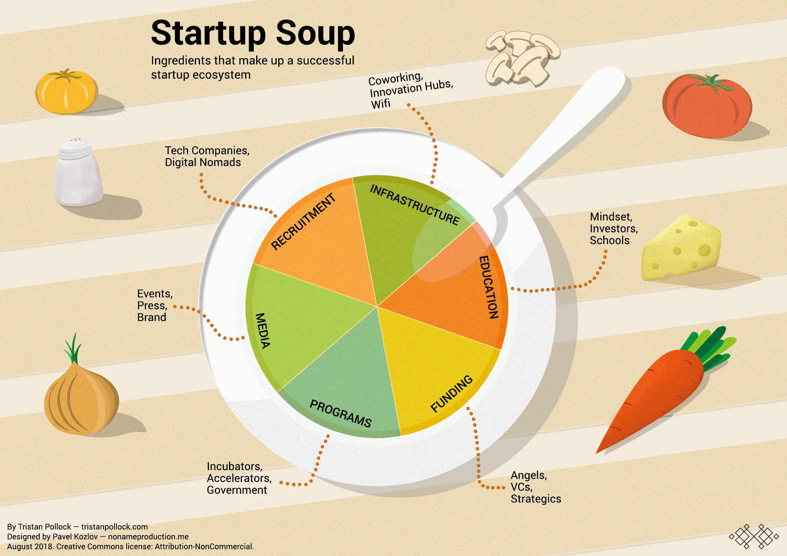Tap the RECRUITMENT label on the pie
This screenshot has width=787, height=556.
click(x=303, y=221)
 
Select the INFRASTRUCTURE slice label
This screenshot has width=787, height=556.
click(x=415, y=205)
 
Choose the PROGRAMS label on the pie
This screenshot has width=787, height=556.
click(x=340, y=413)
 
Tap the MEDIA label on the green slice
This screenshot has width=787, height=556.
click(x=263, y=330)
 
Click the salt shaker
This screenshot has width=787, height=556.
click(x=78, y=173)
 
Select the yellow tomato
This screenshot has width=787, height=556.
click(x=66, y=92)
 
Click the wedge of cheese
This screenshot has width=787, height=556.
click(x=681, y=248)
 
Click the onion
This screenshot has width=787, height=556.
click(x=81, y=398)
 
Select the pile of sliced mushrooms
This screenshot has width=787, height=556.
click(x=521, y=57)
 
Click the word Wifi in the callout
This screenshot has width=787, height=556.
click(x=381, y=104)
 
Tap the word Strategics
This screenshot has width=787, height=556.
click(x=536, y=499)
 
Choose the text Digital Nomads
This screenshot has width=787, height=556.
click(x=203, y=162)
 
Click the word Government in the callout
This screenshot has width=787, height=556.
click(x=237, y=490)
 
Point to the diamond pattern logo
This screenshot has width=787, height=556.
click(x=754, y=536)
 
